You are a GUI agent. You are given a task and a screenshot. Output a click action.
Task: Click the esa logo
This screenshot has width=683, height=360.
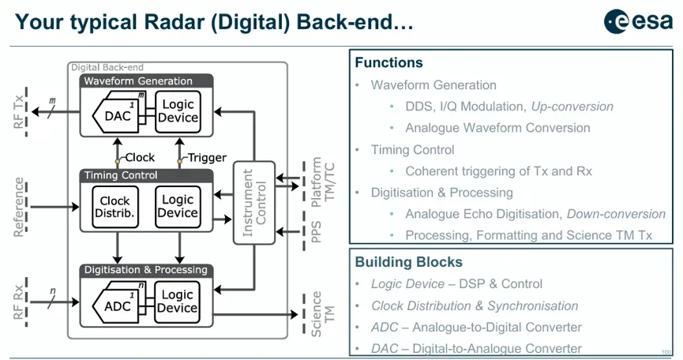tap(638, 21)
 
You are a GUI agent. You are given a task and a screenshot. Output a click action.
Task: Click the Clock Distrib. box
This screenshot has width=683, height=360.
tap(115, 207)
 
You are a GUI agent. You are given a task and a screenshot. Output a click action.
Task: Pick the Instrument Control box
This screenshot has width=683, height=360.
tap(254, 203)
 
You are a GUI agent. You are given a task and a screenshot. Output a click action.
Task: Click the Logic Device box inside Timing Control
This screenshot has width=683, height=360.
tap(178, 207)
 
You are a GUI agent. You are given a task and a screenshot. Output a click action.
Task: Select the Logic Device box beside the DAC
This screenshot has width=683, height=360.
tap(178, 111)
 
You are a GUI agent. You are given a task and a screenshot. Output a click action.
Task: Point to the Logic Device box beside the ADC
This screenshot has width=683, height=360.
tap(178, 302)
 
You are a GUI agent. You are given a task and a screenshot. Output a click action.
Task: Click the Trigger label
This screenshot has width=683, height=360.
tap(207, 158)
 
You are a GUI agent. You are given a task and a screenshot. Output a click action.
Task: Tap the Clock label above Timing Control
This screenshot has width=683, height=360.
tap(140, 157)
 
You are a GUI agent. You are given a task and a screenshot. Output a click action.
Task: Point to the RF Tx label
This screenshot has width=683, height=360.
tap(18, 112)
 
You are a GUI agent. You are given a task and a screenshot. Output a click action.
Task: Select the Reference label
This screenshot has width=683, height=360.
tap(18, 207)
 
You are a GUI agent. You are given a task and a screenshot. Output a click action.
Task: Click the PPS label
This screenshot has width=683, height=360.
tap(317, 231)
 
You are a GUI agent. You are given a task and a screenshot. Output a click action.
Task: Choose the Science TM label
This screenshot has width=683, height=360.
tap(322, 313)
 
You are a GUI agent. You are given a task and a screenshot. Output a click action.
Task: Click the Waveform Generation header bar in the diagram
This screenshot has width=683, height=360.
tap(146, 81)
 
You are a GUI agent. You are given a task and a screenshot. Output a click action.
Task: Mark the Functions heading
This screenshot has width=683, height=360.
tap(388, 62)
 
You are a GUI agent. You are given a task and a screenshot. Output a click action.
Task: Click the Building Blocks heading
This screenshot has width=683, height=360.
tap(408, 262)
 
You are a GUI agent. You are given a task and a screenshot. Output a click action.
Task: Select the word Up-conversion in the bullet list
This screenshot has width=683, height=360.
tap(572, 107)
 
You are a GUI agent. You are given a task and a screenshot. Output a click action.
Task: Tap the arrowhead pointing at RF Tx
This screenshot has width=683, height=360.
tap(36, 112)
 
